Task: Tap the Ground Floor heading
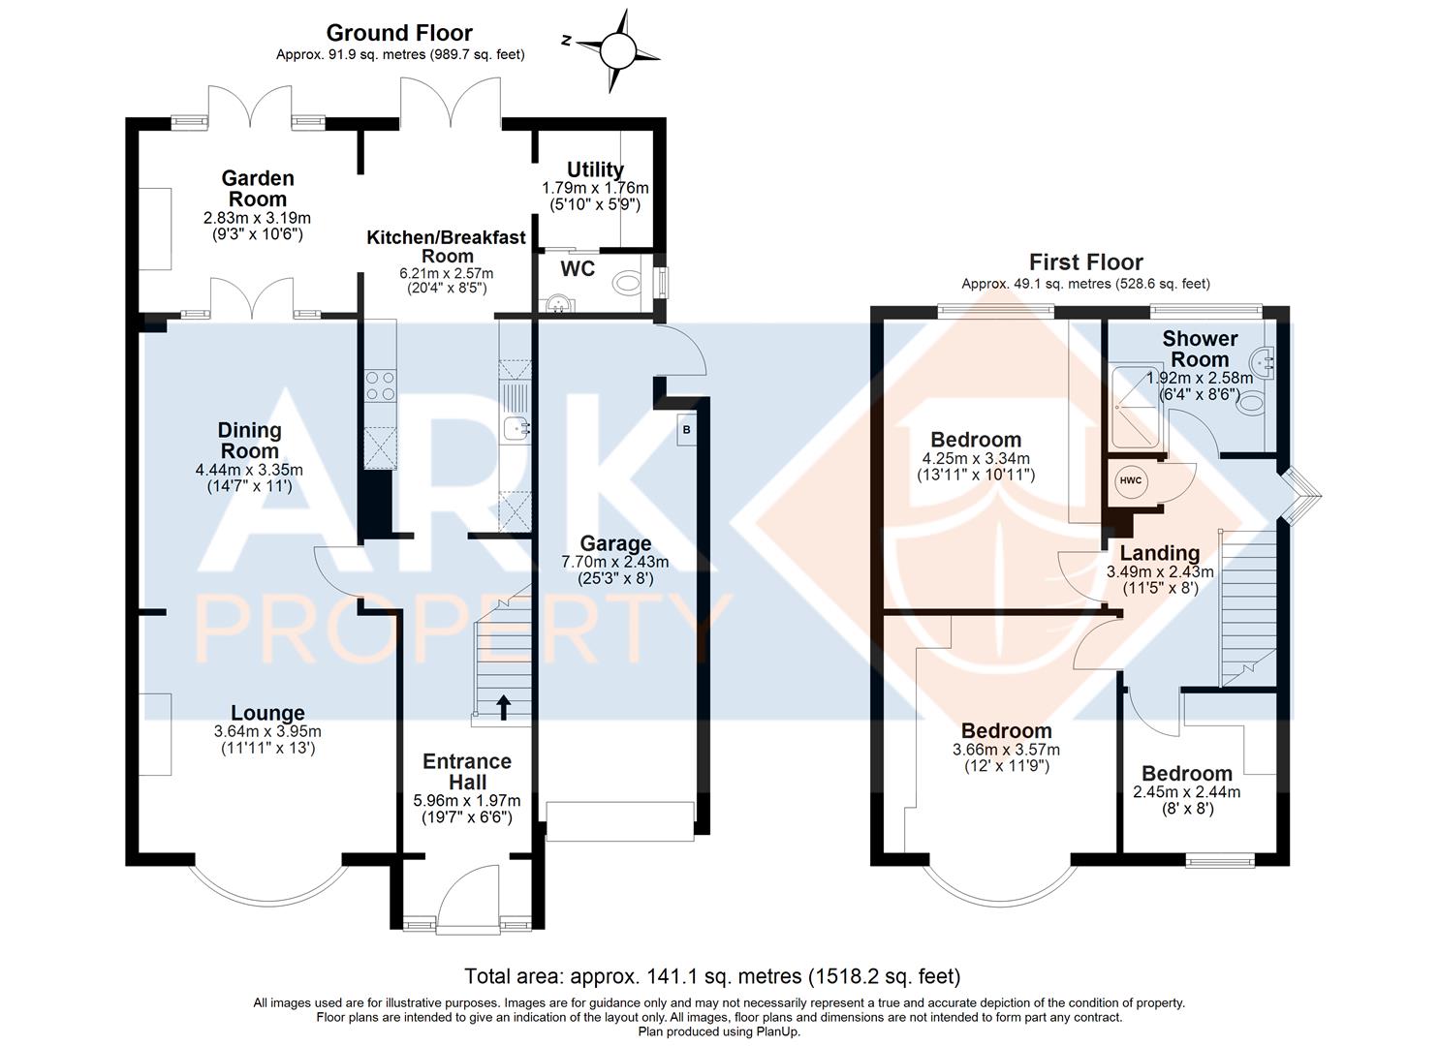[399, 33]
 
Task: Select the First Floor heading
[1085, 261]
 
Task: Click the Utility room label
[595, 169]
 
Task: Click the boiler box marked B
[687, 430]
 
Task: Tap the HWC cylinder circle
[1131, 480]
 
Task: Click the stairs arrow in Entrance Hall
[504, 707]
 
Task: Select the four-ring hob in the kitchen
[380, 386]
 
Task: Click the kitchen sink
[516, 428]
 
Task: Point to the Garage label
[615, 544]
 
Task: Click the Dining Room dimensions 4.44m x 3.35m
[249, 470]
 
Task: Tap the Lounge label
[267, 713]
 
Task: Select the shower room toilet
[1250, 404]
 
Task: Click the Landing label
[1160, 553]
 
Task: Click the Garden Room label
[258, 188]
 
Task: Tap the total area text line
[712, 976]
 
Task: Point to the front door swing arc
[459, 881]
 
